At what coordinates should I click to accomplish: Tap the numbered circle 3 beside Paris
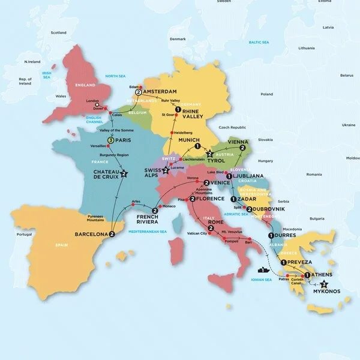(x=110, y=141)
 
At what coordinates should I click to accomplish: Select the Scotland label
(x=58, y=32)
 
